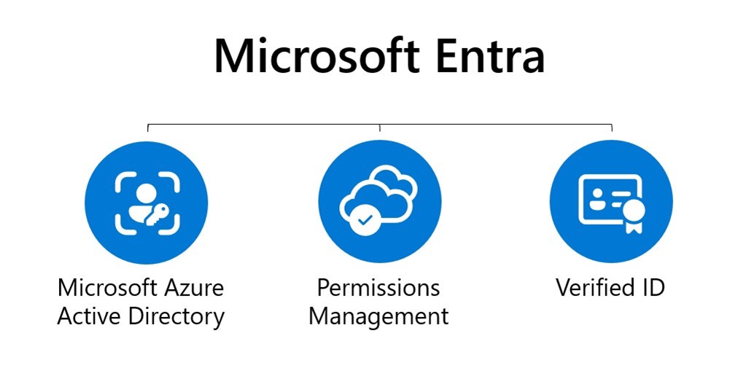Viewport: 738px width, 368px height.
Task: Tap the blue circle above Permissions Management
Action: (379, 201)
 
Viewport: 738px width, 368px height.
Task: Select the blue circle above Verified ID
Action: (610, 201)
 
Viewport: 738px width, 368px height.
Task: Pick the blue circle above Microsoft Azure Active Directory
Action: (147, 201)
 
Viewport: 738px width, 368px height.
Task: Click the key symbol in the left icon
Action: (158, 214)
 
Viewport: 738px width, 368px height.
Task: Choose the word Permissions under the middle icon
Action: (378, 287)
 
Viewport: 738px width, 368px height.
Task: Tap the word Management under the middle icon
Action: (378, 316)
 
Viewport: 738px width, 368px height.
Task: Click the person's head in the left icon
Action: (146, 192)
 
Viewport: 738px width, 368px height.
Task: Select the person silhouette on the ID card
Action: (597, 200)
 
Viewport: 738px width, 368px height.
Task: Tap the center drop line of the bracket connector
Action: (379, 128)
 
